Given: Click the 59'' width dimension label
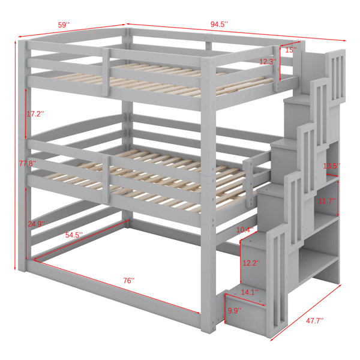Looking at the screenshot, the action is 64,25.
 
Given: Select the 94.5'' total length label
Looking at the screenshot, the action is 219,24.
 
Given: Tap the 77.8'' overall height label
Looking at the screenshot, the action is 28,163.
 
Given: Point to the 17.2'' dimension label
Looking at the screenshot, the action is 35,113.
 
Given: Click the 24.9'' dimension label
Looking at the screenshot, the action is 36,224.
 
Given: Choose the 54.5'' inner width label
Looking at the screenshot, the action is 74,235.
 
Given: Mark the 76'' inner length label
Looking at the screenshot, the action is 129,280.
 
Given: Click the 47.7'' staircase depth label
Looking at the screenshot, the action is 314,320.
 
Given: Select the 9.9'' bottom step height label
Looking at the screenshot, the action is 235,311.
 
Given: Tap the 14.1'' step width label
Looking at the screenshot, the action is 250,292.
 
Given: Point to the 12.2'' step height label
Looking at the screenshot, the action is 251,263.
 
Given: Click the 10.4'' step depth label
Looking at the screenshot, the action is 245,229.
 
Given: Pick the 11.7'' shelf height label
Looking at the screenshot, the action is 327,201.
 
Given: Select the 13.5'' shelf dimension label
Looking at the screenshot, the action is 332,166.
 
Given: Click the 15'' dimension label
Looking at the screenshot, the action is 291,50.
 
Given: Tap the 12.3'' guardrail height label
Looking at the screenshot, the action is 268,62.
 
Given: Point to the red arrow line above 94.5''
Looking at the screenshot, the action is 236,32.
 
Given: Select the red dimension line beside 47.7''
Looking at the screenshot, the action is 306,313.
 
